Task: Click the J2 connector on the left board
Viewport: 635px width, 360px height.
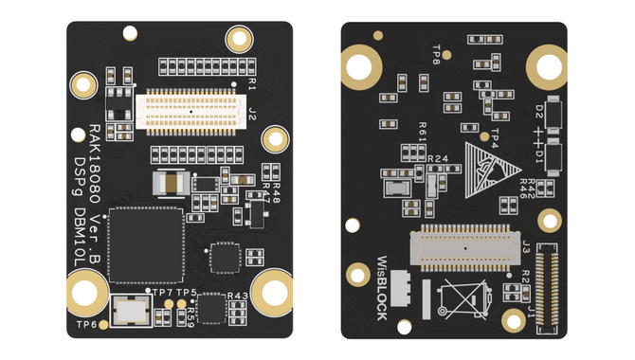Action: [190, 110]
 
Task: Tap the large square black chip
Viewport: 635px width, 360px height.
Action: [144, 243]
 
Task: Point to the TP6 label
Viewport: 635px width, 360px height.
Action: [86, 325]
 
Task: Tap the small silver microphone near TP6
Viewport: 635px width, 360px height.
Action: [127, 309]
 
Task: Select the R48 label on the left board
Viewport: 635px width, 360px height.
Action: [275, 197]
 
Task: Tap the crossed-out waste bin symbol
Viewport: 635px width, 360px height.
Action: [467, 302]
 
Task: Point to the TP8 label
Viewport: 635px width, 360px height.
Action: [436, 54]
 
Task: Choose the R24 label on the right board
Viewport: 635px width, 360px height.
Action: [438, 158]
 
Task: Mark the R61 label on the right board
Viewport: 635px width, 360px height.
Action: [423, 134]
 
